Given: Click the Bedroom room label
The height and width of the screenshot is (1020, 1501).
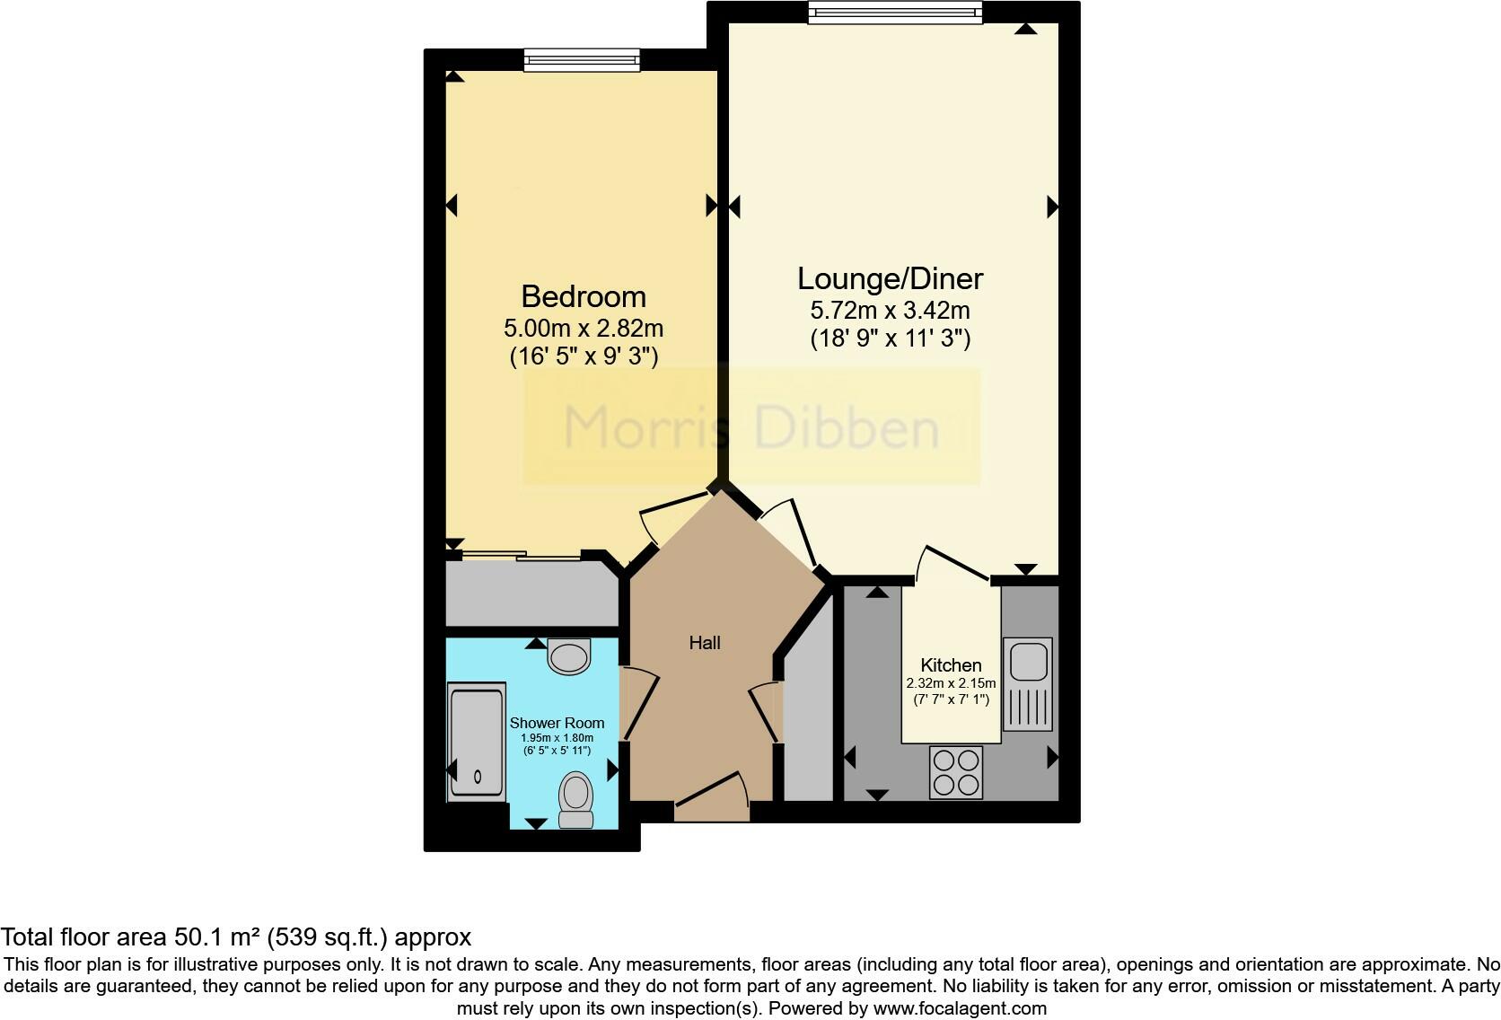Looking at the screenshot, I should click(x=584, y=296).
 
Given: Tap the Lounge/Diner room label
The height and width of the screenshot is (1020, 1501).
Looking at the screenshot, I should click(x=890, y=278).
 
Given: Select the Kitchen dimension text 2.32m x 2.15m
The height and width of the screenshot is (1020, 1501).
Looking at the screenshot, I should click(x=951, y=683).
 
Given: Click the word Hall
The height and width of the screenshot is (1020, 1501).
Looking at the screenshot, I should click(x=705, y=643).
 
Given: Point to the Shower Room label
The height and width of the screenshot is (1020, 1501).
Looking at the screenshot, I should click(x=557, y=723).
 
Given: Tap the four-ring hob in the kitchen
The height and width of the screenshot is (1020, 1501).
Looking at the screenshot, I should click(x=955, y=772).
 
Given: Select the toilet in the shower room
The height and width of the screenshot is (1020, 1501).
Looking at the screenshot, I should click(x=575, y=798).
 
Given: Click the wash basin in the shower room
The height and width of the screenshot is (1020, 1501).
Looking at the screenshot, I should click(x=569, y=655).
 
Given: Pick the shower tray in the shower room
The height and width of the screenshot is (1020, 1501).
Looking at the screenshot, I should click(x=476, y=741).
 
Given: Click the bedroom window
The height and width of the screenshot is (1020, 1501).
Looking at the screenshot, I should click(x=583, y=60).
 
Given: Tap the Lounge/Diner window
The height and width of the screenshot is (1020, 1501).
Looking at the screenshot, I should click(x=894, y=13).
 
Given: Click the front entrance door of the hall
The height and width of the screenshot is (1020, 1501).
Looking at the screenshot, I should click(x=712, y=797).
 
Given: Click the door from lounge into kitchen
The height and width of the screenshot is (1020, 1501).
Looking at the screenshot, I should click(x=953, y=564).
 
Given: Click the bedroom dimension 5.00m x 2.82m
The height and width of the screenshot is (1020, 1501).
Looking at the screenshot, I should click(x=584, y=329).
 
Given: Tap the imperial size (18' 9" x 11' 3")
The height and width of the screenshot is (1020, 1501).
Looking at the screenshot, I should click(x=890, y=339).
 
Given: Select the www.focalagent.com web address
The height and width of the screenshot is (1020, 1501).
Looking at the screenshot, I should click(x=960, y=1007).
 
